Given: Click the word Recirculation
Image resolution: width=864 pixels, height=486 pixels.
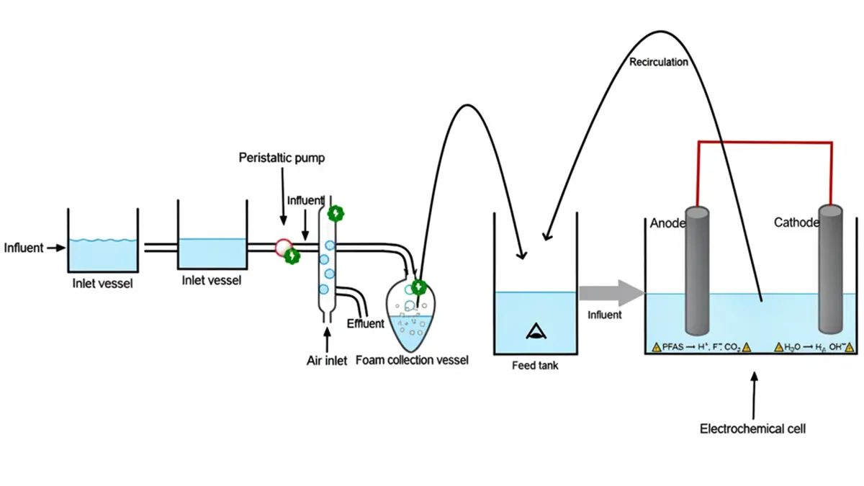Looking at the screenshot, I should coord(658,62).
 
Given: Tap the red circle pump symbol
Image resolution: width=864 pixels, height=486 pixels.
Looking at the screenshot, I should coord(283,247).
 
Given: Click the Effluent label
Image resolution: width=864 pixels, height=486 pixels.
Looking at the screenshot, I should coord(366,323).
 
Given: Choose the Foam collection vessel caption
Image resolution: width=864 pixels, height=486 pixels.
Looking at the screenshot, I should coord(412,360).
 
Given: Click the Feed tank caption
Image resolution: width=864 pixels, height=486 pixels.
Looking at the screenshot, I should coord(535,366).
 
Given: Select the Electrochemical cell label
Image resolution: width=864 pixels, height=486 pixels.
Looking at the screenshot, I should coord(752,429).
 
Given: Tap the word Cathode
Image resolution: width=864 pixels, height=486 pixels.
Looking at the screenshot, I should coord(796,223).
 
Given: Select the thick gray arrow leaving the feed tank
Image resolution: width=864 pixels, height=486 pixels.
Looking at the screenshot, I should coord(611,293).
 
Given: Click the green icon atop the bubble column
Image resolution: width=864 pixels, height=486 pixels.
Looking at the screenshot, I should coord(334,213).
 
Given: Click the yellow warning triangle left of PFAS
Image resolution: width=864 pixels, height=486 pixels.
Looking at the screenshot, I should coord(656,347).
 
